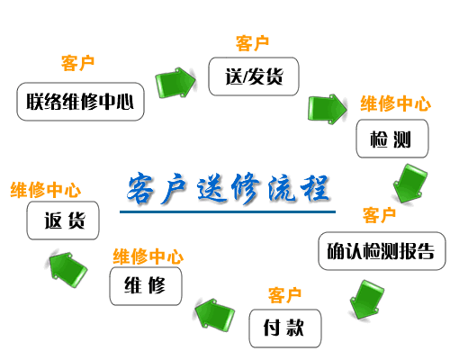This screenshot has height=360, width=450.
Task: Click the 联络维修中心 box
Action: click(80, 102)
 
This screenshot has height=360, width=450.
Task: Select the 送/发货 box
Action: click(254, 76)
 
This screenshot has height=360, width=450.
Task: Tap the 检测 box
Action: click(392, 139)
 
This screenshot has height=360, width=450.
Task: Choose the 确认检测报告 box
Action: click(382, 251)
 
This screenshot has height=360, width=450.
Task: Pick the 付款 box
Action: click(285, 328)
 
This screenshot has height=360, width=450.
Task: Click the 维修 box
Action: click(146, 286)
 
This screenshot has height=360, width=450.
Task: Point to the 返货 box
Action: click(63, 220)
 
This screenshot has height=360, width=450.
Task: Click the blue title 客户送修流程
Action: click(228, 188)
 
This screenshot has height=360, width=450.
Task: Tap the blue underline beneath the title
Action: click(228, 211)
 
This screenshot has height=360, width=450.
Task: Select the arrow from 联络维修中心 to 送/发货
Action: click(175, 83)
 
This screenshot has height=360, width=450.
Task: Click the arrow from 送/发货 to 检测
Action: click(328, 109)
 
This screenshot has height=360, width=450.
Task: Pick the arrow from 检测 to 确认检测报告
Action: click(409, 184)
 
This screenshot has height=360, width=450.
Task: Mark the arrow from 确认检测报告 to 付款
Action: click(366, 300)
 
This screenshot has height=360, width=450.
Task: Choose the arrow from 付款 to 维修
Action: click(214, 314)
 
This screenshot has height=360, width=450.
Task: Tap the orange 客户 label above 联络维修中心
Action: click(77, 63)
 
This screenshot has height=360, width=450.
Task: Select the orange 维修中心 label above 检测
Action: click(396, 103)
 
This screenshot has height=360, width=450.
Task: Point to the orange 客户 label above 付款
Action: click(284, 295)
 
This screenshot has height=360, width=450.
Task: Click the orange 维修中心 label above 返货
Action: click(46, 190)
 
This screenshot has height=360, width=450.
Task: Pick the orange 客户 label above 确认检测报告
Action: click(379, 215)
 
